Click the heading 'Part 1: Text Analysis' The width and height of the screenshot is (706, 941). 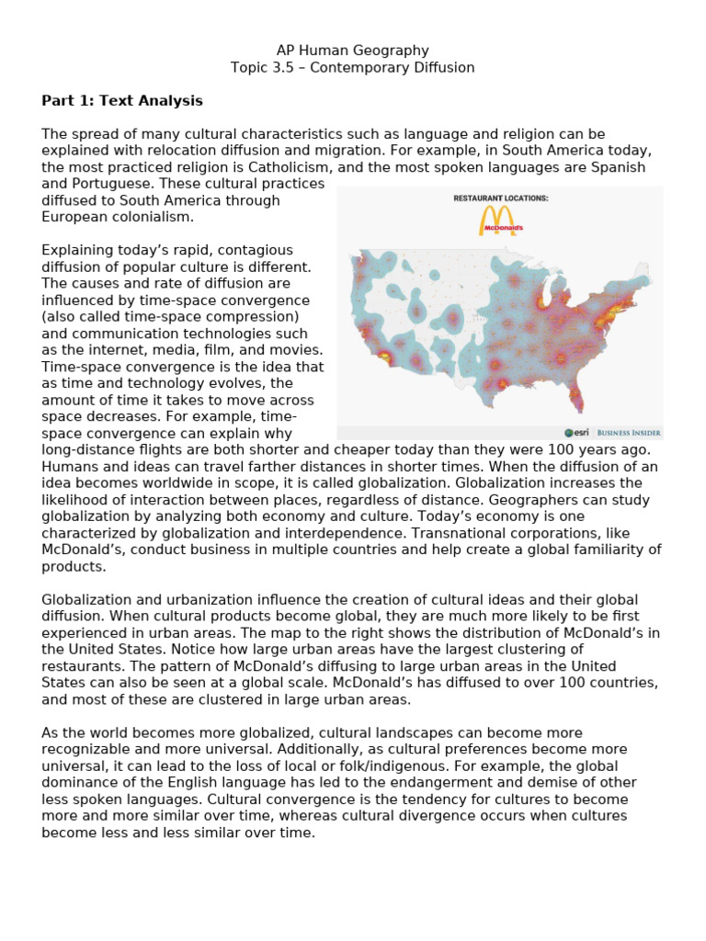tap(122, 101)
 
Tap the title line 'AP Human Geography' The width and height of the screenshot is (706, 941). tap(353, 51)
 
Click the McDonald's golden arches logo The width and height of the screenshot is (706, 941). tap(500, 221)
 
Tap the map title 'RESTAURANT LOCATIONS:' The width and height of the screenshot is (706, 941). tap(500, 198)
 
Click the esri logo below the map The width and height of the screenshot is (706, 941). tap(576, 432)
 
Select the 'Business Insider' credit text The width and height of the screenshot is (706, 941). tap(629, 432)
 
